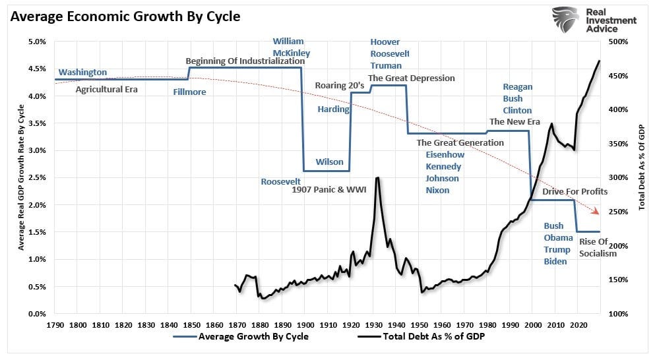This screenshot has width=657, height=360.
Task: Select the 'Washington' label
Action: pyautogui.click(x=82, y=72)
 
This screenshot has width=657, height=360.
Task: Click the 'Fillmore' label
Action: pyautogui.click(x=189, y=92)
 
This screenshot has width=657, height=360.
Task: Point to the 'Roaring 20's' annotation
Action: pyautogui.click(x=340, y=85)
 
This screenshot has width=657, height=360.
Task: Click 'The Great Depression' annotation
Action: pyautogui.click(x=412, y=78)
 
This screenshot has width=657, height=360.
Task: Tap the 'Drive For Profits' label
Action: pyautogui.click(x=575, y=191)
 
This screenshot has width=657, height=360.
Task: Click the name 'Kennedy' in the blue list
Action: pyautogui.click(x=443, y=166)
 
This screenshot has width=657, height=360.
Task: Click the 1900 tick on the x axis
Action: pyautogui.click(x=304, y=325)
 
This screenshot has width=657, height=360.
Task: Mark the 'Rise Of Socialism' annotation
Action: pyautogui.click(x=598, y=247)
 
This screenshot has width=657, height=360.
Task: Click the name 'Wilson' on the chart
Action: pyautogui.click(x=329, y=162)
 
